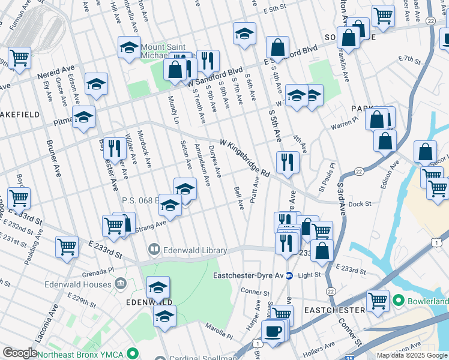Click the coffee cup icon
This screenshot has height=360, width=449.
[x=273, y=332]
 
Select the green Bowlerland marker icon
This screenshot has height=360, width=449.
[x=397, y=299]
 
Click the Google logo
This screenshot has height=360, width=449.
[x=20, y=353]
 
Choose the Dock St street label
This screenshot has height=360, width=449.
[x=360, y=205]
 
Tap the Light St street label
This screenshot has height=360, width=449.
[x=310, y=275]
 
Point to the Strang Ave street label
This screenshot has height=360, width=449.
[x=152, y=225]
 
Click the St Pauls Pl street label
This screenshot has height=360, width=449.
[x=330, y=173]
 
